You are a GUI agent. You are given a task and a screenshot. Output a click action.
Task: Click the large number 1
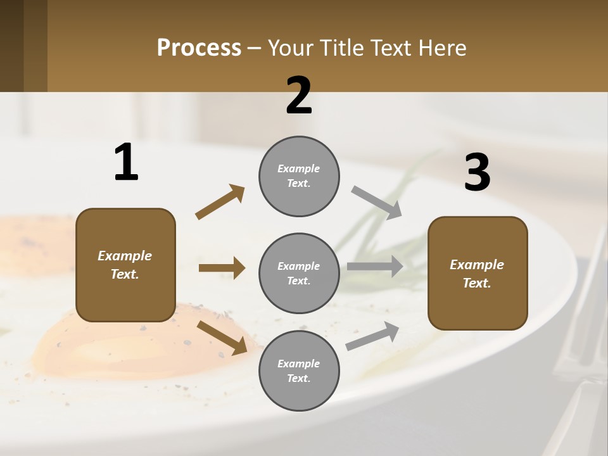[x=126, y=163]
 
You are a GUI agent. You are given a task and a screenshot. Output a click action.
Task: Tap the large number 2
[x=299, y=96]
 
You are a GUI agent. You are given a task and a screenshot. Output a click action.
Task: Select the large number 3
[x=477, y=173]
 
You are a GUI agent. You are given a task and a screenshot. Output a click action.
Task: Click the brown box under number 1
[x=125, y=265]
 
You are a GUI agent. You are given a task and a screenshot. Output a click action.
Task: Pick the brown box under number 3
[x=478, y=273]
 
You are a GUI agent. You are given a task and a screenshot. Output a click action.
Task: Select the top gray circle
[x=299, y=176]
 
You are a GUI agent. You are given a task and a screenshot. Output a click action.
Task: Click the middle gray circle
[x=299, y=273]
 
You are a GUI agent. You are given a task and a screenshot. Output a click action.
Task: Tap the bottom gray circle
[x=299, y=370]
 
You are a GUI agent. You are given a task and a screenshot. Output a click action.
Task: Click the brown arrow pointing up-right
[x=220, y=202]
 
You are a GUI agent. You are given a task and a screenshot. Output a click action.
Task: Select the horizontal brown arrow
[x=222, y=268]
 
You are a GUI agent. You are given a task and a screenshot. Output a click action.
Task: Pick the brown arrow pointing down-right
[x=222, y=337]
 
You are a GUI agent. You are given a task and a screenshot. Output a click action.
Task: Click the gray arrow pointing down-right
[x=377, y=202]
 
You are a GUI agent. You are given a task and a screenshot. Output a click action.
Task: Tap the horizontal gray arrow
[x=375, y=267]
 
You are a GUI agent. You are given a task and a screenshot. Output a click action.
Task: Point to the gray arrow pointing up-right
[x=372, y=336]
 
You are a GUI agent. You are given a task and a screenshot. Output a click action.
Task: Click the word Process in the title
[x=199, y=47]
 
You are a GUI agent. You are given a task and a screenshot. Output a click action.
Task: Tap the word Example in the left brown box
[x=125, y=256]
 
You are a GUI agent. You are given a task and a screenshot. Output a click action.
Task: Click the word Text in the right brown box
[x=476, y=283]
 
